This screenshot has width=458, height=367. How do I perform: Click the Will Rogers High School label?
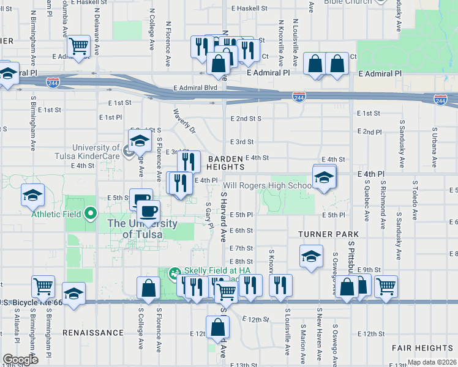tap(267, 185)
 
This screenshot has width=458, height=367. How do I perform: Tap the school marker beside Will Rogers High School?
tap(324, 177)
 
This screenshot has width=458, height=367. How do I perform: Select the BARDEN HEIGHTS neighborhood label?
tap(226, 162)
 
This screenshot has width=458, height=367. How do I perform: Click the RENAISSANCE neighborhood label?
tap(92, 333)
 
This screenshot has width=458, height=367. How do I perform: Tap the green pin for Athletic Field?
tap(91, 213)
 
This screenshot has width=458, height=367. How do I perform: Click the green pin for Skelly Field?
tap(175, 272)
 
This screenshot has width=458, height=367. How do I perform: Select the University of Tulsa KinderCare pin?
tap(128, 151)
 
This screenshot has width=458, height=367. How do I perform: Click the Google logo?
tap(21, 360)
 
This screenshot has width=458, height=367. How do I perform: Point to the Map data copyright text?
tap(432, 362)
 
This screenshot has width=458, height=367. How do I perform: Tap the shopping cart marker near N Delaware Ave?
tap(79, 46)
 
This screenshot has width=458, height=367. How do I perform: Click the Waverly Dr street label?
tap(184, 122)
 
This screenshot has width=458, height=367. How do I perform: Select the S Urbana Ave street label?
tap(434, 147)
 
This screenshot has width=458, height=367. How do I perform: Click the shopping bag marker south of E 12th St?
tap(217, 328)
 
